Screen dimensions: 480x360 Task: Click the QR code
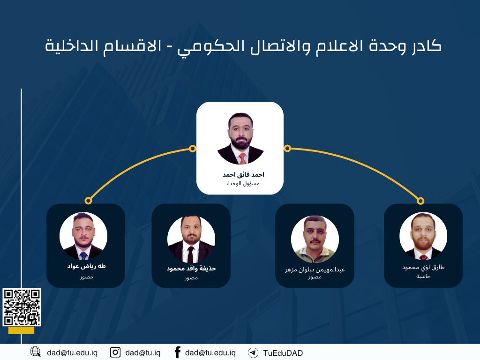(22, 307)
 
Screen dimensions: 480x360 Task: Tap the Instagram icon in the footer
(115, 352)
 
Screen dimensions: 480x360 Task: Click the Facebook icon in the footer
(177, 352)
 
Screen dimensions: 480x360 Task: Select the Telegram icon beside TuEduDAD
(253, 352)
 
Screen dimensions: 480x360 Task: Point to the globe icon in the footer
(35, 352)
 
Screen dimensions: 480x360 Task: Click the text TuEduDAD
(283, 353)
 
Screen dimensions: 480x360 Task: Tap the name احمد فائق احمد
(243, 175)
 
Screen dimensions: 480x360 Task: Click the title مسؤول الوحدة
(243, 184)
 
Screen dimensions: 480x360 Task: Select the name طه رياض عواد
(86, 266)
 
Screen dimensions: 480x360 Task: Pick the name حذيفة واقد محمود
(191, 269)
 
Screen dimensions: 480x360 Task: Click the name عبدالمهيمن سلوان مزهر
(315, 270)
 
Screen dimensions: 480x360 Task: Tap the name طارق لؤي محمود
(423, 267)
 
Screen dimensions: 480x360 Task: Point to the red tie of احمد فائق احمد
(242, 158)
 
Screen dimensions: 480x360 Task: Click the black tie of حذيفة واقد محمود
(190, 255)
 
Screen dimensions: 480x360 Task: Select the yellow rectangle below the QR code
(22, 330)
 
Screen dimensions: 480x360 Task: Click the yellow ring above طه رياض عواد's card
(88, 201)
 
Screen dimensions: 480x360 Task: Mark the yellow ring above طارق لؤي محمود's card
(420, 201)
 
